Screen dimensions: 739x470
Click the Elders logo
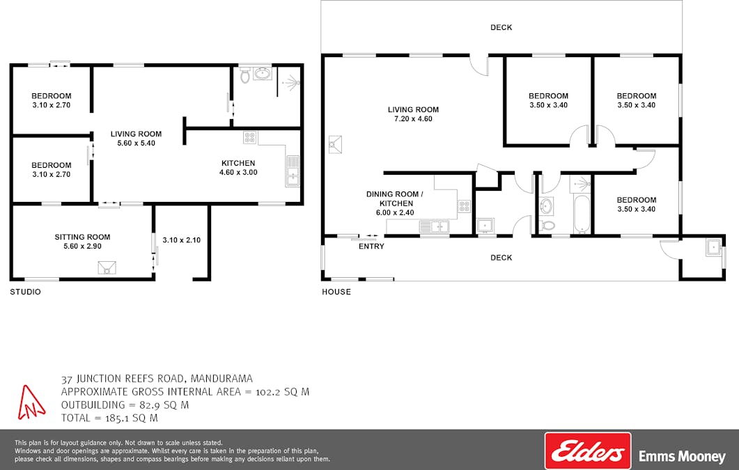[x=588, y=451]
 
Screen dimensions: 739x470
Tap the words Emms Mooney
[x=682, y=456]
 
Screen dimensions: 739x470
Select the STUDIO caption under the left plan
[x=26, y=292]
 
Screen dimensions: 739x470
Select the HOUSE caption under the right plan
[x=336, y=292]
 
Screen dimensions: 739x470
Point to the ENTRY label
[x=371, y=246]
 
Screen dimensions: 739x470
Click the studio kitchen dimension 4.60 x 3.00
[x=238, y=173]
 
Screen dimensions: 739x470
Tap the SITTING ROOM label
[x=82, y=237]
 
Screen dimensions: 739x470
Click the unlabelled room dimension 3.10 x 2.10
[x=182, y=240]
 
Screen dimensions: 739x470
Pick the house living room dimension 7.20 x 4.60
[x=413, y=118]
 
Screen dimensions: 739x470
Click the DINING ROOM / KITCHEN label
[x=395, y=198]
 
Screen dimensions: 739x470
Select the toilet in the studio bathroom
[x=244, y=75]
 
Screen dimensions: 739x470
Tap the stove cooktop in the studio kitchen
[x=250, y=137]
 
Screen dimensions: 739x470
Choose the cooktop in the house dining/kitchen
[x=465, y=206]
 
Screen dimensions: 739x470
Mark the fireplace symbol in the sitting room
[x=107, y=267]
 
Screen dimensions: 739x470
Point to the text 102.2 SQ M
[x=282, y=392]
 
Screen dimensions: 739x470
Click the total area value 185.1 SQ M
[x=132, y=418]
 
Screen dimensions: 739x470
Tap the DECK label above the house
[x=501, y=27]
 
